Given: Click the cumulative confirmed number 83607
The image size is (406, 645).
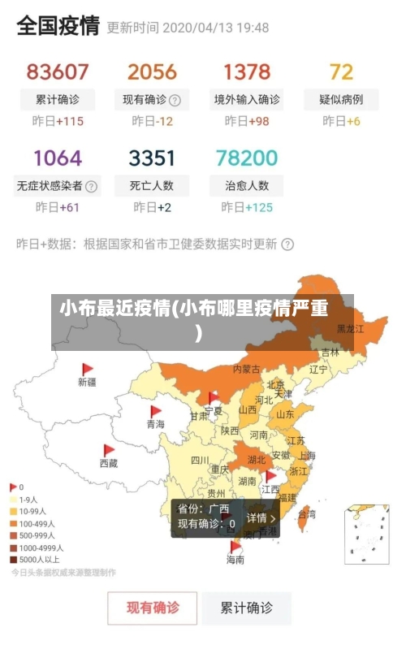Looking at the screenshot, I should click(x=58, y=72).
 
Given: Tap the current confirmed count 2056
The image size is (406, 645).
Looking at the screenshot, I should click(x=152, y=72).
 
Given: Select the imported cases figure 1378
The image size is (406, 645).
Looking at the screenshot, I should click(x=247, y=72).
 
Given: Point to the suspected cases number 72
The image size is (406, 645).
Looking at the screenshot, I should click(x=341, y=72).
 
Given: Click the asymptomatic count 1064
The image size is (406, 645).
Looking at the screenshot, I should click(x=58, y=158).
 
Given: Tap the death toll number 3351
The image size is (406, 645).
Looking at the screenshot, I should click(x=152, y=158).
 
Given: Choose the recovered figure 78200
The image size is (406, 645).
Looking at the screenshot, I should click(x=247, y=158).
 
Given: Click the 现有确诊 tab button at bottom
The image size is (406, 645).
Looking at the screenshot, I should click(x=153, y=607).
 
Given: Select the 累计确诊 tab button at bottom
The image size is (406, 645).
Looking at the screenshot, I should click(x=248, y=607).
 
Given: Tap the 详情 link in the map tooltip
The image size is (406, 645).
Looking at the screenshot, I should click(x=261, y=517).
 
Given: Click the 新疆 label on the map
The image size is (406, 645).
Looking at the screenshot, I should click(x=87, y=382).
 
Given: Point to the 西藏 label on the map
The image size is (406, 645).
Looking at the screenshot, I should click(x=108, y=463).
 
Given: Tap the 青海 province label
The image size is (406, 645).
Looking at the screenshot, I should click(x=155, y=424).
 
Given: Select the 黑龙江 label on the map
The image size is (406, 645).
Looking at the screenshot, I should click(x=351, y=329).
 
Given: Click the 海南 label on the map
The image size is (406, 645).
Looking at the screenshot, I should click(x=235, y=560).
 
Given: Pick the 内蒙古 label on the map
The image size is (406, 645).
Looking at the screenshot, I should click(x=247, y=369).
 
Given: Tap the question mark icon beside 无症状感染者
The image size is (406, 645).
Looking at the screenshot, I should click(x=92, y=186).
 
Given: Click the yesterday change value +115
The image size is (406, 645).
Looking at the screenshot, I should click(x=71, y=121).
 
